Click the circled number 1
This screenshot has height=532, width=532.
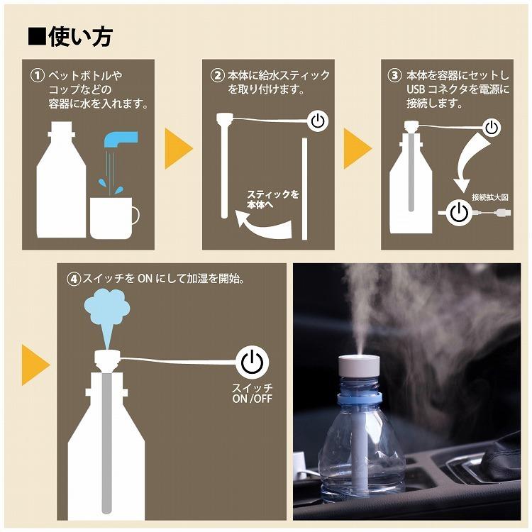38,75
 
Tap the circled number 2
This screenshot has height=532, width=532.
218,75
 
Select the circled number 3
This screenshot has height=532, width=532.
394,75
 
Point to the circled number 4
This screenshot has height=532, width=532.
73,279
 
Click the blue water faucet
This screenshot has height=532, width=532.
120,140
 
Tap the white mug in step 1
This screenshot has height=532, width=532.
114,218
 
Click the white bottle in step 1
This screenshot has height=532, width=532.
61,179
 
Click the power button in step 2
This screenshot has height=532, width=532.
318,121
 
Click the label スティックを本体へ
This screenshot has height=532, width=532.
273,199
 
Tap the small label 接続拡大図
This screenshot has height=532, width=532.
490,197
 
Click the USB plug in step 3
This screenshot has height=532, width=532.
503,213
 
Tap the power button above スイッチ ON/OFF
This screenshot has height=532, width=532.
252,362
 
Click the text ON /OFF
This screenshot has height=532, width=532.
252,399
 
